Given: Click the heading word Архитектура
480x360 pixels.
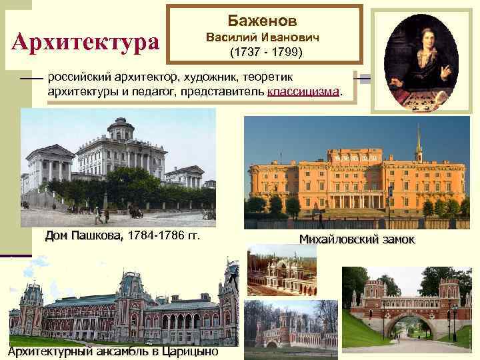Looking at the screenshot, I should tap(85, 42).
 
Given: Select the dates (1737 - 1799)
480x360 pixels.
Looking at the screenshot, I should tap(265, 51).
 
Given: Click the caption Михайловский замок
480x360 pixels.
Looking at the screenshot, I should tap(357, 239).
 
